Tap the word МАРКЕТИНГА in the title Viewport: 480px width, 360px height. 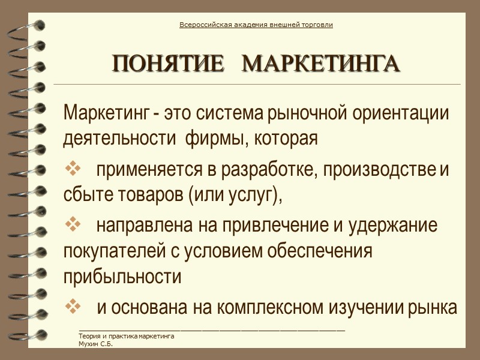tap(323, 64)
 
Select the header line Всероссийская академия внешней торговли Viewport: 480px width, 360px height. tap(256, 25)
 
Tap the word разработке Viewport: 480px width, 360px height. tap(268, 171)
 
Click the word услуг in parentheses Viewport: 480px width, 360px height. tap(251, 196)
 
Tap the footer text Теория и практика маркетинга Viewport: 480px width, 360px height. tap(126, 337)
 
